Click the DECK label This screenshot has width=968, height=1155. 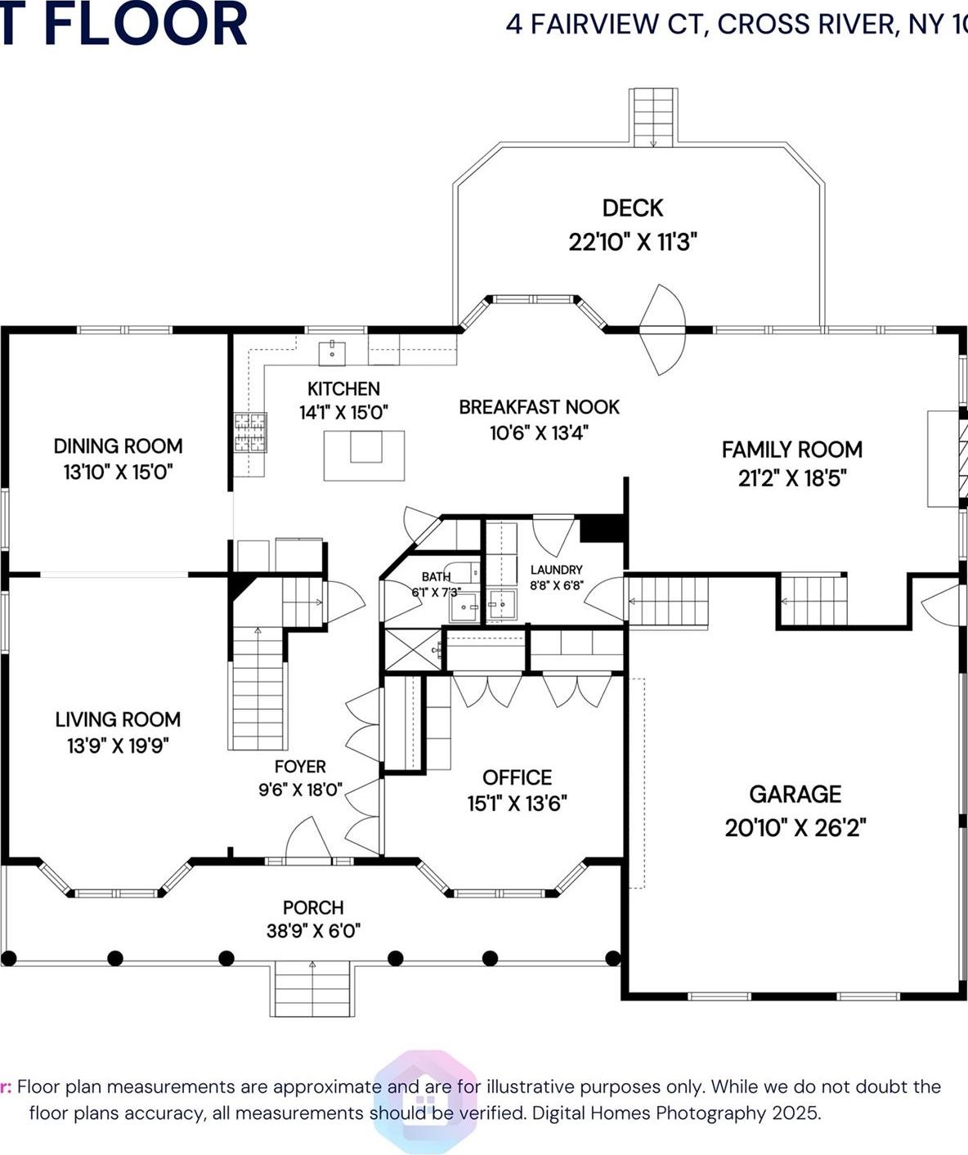pyautogui.click(x=632, y=208)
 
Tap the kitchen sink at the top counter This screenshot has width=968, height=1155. pyautogui.click(x=332, y=353)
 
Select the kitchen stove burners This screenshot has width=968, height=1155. pyautogui.click(x=250, y=432)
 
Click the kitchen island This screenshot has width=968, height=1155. pyautogui.click(x=364, y=455)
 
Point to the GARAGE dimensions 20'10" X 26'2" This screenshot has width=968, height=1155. pyautogui.click(x=795, y=828)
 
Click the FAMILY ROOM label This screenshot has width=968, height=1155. pyautogui.click(x=791, y=450)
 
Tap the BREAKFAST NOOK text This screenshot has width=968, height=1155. pyautogui.click(x=539, y=407)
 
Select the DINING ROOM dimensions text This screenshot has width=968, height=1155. pyautogui.click(x=118, y=472)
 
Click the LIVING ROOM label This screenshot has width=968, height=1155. pyautogui.click(x=118, y=719)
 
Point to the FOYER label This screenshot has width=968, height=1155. pyautogui.click(x=300, y=767)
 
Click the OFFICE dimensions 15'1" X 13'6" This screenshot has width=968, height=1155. pyautogui.click(x=517, y=804)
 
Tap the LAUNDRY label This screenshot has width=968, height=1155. pyautogui.click(x=556, y=570)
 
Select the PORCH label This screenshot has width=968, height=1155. pyautogui.click(x=313, y=907)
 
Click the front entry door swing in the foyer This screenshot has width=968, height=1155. pyautogui.click(x=307, y=839)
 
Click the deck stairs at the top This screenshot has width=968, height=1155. pyautogui.click(x=653, y=118)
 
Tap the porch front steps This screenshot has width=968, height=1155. pyautogui.click(x=312, y=988)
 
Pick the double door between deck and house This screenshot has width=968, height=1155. pyautogui.click(x=662, y=329)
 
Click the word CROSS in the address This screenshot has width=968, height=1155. pyautogui.click(x=763, y=25)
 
